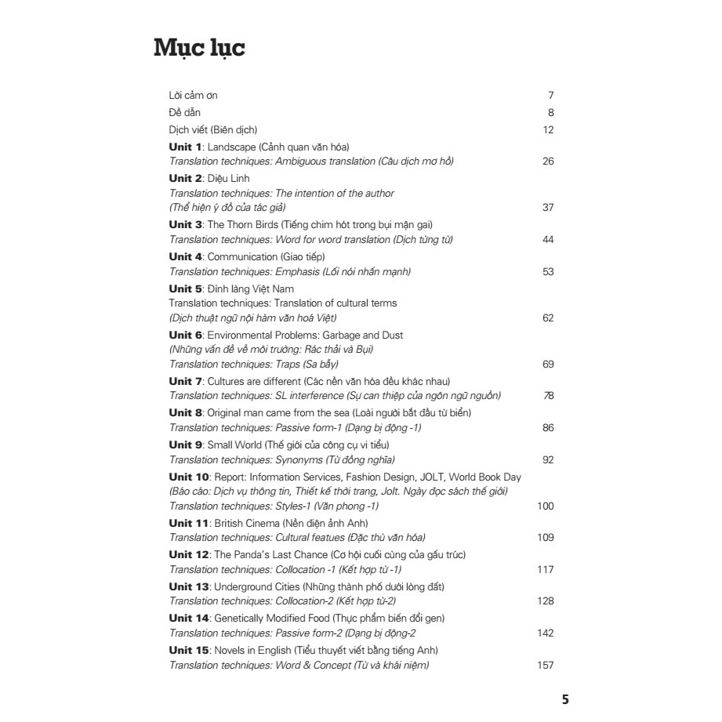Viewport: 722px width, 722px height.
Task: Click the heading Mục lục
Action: tap(200, 49)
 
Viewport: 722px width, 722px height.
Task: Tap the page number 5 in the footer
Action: tap(565, 700)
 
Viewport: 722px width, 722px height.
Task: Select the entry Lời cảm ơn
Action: tap(193, 96)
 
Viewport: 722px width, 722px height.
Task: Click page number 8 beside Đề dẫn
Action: tap(551, 113)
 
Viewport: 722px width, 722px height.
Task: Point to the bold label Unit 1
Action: tap(186, 147)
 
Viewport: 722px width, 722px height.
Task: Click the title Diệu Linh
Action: tap(227, 179)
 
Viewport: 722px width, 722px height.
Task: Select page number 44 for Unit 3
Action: tap(548, 240)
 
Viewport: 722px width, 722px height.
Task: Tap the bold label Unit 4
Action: tap(186, 256)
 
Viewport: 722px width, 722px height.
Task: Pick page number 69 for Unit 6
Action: tap(548, 365)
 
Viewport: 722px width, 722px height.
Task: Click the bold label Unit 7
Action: tap(186, 381)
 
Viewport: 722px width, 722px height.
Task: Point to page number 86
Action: tap(548, 428)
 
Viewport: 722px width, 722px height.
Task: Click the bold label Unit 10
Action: tap(189, 476)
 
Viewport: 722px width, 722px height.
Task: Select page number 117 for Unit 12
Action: tap(546, 570)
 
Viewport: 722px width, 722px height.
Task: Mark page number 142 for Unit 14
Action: tap(546, 633)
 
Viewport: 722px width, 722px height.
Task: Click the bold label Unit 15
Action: tap(189, 650)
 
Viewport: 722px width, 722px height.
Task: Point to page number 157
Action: tap(546, 666)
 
